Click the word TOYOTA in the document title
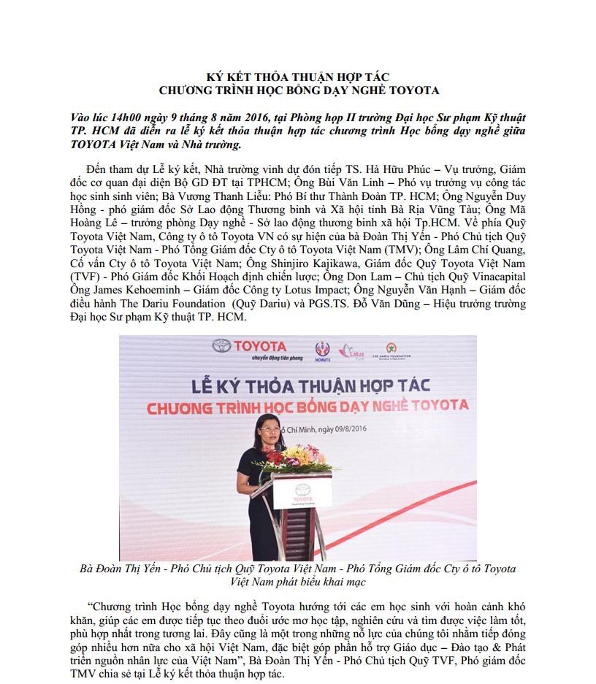(x=413, y=91)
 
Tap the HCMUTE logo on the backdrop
(x=321, y=349)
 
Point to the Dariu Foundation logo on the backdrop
(x=391, y=350)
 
